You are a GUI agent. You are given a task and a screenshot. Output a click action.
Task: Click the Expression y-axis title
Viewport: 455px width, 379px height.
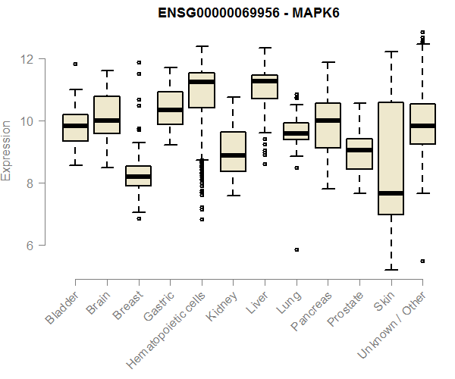coord(8,149)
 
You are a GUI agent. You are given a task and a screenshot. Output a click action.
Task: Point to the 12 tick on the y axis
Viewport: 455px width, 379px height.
coord(28,58)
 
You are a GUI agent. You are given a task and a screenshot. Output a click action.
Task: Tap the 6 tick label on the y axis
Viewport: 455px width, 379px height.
coord(28,245)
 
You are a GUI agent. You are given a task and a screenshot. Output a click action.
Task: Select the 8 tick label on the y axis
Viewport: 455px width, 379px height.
coord(28,183)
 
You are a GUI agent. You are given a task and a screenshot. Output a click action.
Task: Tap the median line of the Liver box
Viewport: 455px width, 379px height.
coord(264,81)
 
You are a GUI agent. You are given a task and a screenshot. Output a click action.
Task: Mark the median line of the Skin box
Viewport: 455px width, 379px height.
coord(391,193)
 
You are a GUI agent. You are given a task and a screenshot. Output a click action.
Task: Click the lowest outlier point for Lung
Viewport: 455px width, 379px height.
coord(297,249)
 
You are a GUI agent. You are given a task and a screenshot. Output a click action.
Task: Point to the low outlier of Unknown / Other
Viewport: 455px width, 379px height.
coord(422,261)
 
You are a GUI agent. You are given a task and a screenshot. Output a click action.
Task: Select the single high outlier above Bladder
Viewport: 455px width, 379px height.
coord(75,64)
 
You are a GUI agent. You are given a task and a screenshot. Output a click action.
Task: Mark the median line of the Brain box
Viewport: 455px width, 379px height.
coord(107,121)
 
